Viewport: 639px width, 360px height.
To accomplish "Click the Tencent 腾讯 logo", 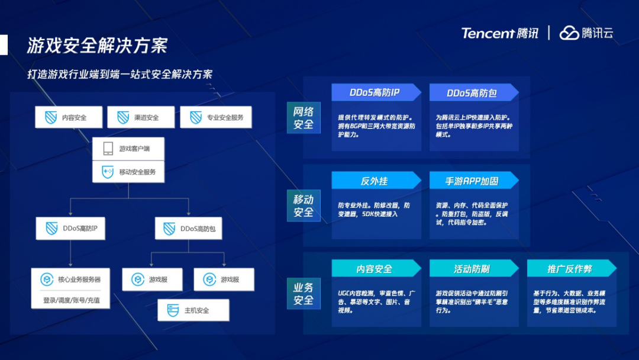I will click(500, 33).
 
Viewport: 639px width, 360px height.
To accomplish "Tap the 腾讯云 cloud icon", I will click(569, 33).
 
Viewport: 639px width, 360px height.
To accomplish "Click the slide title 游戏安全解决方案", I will click(97, 46).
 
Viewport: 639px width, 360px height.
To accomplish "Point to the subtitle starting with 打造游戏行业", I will click(120, 75).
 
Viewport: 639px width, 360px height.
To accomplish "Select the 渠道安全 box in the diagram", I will click(140, 117).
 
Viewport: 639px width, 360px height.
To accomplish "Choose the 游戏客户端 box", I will click(128, 149).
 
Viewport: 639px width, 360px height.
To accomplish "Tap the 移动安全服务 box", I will click(128, 172).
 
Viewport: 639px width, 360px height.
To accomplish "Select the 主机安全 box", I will click(193, 310).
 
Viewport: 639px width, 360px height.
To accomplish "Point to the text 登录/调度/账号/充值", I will click(72, 300).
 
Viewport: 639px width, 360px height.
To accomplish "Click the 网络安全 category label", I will click(304, 117).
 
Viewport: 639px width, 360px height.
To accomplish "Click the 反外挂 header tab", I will click(375, 181).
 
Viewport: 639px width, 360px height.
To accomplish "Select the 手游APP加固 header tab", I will click(472, 181).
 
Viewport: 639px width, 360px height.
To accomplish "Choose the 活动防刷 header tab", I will click(472, 269).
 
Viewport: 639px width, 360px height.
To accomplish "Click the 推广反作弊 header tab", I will click(570, 269).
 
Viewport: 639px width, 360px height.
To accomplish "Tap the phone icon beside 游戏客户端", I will click(108, 149).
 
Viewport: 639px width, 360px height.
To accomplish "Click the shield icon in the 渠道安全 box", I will click(123, 117).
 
